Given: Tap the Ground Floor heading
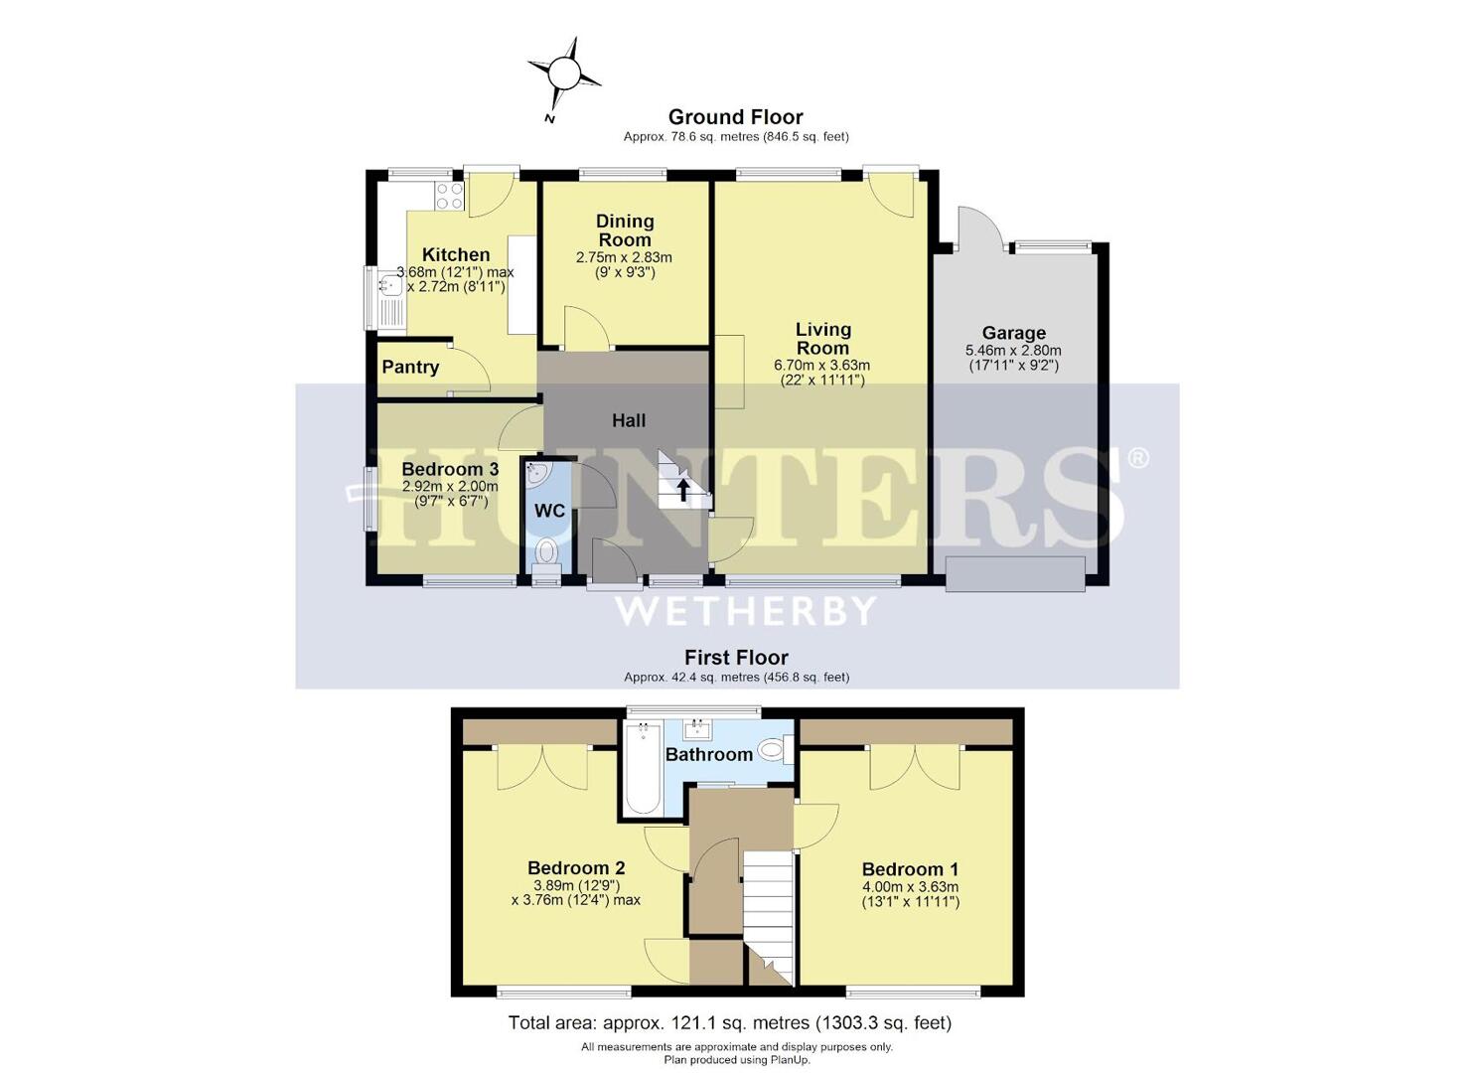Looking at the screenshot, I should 735,117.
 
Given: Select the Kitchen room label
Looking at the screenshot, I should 456,254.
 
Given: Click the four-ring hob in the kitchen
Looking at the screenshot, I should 449,196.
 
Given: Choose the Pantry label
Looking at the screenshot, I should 410,367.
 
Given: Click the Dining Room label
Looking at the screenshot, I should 625,230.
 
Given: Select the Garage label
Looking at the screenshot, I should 1013,333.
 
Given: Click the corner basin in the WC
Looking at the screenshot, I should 537,474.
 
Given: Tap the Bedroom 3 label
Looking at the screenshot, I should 450,469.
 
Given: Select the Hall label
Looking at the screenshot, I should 629,420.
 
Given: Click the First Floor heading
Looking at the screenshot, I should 736,658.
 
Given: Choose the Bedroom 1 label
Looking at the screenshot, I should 910,869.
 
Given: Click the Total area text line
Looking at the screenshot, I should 730,1022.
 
